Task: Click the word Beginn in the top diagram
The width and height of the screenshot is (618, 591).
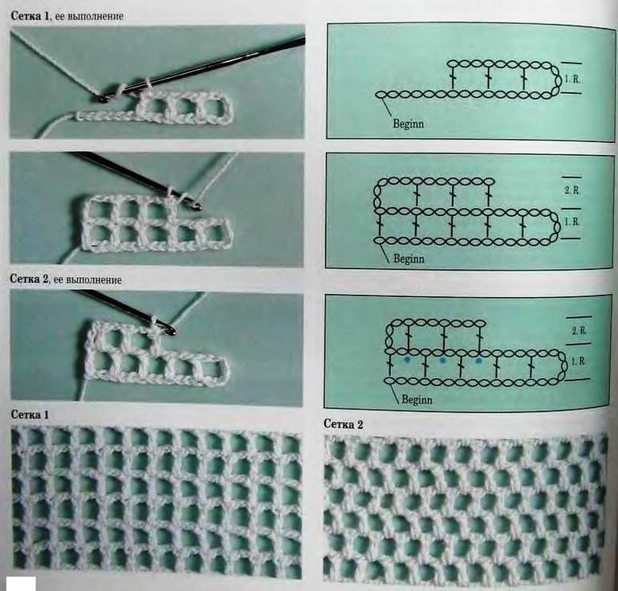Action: point(409,124)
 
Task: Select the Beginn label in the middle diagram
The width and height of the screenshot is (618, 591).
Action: point(409,259)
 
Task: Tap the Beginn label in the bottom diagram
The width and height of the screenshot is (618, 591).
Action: point(417,399)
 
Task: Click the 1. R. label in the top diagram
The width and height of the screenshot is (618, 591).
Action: point(572,79)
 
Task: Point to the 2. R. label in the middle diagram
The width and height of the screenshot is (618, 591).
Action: point(572,190)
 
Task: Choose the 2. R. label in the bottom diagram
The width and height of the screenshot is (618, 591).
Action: point(579,331)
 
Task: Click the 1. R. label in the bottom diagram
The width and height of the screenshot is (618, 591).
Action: point(578,361)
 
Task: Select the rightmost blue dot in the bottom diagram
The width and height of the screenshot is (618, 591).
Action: point(479,361)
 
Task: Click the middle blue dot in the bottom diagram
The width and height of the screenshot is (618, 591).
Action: point(442,360)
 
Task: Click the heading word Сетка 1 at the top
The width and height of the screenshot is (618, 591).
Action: point(31,16)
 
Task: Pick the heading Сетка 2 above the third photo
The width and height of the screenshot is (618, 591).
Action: point(30,279)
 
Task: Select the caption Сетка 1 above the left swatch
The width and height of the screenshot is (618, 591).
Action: point(30,414)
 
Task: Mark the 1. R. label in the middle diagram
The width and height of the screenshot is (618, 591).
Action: point(572,222)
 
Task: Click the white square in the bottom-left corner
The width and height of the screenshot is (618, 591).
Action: point(23,584)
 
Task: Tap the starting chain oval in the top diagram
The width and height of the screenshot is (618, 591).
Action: point(380,95)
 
